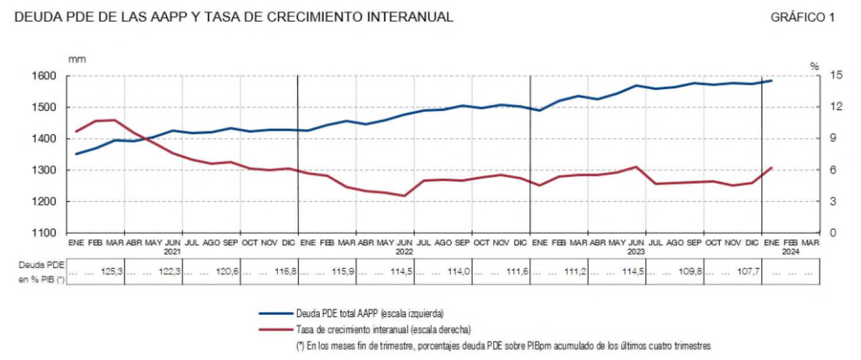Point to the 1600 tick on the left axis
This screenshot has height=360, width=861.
49,76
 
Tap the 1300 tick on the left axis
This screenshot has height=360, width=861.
49,171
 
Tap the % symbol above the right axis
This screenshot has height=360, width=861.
814,66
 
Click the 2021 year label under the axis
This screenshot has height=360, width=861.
172,251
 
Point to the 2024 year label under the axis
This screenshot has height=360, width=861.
790,251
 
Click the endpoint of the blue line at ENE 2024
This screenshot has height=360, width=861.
771,80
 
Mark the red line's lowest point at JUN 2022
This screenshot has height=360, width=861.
405,196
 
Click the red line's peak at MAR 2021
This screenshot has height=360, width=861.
115,120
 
